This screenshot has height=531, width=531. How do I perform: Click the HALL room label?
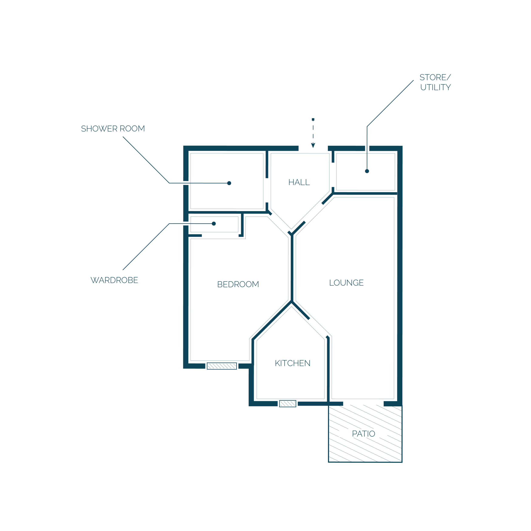[299, 182]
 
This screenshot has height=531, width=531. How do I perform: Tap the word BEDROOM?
[238, 284]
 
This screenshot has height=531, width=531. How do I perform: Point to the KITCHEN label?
[292, 363]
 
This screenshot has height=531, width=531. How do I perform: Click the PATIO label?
[363, 434]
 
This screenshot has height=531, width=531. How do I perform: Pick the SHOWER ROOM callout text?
[113, 129]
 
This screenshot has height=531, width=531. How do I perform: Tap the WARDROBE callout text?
[114, 280]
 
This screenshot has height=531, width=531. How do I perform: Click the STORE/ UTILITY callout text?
[435, 82]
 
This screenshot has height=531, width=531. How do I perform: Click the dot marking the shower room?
[229, 183]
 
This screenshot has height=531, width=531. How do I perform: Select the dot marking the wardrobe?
[214, 224]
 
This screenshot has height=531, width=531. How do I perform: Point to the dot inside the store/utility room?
[367, 171]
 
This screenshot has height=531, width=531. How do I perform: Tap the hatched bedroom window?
[222, 366]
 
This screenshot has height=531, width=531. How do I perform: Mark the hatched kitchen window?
[288, 404]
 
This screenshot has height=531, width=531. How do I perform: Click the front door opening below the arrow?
[313, 149]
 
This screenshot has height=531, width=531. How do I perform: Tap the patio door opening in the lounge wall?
[363, 404]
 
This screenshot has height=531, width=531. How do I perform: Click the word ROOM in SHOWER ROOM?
[132, 129]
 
